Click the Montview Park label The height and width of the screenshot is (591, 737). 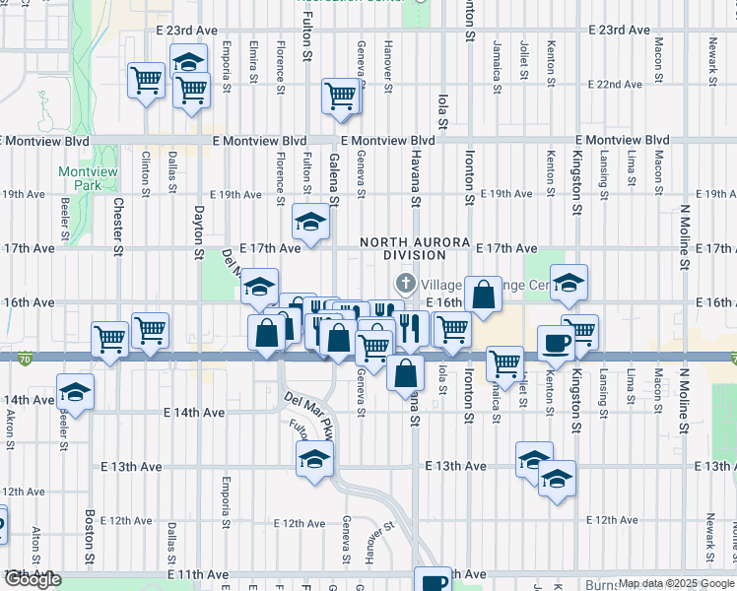tap(81, 178)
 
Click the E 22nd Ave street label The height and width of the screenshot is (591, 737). tap(615, 85)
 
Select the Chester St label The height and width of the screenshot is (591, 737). tap(118, 225)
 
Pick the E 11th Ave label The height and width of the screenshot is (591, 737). tap(199, 573)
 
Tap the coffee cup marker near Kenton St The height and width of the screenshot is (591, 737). tap(555, 342)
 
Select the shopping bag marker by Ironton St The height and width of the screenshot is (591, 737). tap(484, 294)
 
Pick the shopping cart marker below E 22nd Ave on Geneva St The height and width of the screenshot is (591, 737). tap(340, 96)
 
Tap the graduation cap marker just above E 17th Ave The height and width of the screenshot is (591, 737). tap(310, 221)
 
